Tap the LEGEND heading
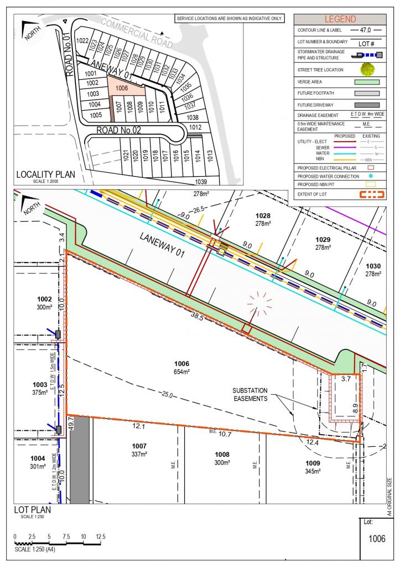coord(340,19)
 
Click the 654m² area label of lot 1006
coord(182,372)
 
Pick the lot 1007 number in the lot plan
coord(139,446)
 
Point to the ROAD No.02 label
coord(120,130)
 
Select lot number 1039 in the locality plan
coord(200,182)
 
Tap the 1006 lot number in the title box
coord(376,538)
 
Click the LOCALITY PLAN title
coord(45,174)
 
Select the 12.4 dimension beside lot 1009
coord(313,442)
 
